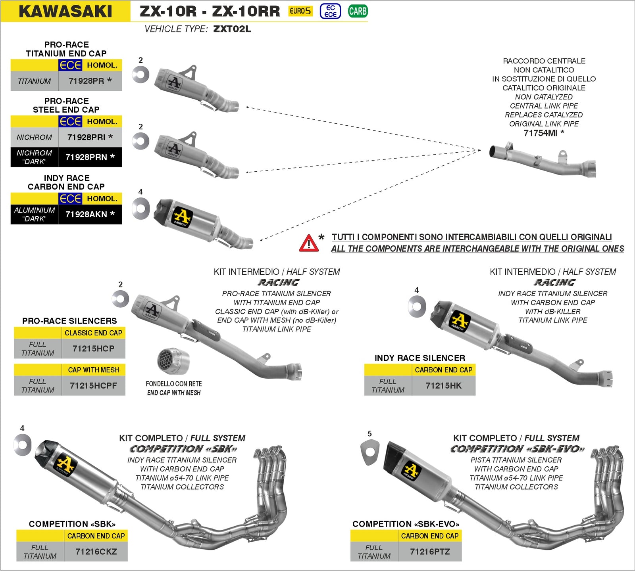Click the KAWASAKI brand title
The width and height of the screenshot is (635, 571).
click(65, 11)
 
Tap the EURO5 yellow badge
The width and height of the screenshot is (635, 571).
click(300, 11)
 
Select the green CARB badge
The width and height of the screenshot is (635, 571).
click(358, 11)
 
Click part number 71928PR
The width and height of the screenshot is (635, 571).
click(86, 81)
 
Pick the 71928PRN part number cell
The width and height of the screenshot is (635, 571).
click(86, 157)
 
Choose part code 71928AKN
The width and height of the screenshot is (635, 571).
click(86, 214)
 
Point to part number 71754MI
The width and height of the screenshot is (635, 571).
click(541, 133)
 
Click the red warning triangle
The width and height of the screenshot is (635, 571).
click(309, 243)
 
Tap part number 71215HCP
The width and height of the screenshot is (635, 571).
click(93, 349)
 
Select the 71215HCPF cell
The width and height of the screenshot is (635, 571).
click(93, 385)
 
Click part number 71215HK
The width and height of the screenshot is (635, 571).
click(444, 385)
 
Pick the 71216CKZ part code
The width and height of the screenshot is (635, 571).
click(96, 552)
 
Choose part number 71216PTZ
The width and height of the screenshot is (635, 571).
click(430, 552)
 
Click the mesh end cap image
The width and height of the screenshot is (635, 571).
click(173, 361)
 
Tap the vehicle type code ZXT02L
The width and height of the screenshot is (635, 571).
click(232, 29)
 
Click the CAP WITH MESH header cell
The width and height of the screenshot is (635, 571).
click(93, 370)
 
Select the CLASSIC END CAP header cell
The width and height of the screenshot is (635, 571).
click(93, 333)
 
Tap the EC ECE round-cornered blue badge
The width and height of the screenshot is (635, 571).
click(330, 11)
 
